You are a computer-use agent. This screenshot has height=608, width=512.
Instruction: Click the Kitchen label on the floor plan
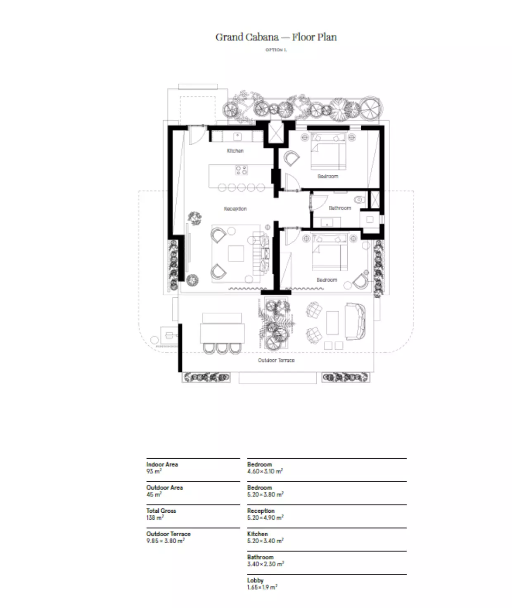point(235,151)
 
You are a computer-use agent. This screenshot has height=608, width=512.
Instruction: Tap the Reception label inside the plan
point(235,209)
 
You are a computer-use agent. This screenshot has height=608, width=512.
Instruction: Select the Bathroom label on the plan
point(340,208)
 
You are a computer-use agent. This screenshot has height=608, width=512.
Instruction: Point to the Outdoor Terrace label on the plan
point(276,360)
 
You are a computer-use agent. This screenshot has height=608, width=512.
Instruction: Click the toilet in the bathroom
point(360,200)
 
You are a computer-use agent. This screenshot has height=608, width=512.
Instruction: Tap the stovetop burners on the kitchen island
point(241,170)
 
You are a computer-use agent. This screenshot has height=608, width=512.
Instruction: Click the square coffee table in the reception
point(236,253)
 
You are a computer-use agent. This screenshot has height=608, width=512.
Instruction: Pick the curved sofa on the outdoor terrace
point(356,321)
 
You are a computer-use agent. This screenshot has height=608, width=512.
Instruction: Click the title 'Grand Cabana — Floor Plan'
point(276,37)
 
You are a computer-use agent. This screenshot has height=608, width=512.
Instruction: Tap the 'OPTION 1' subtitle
point(276,50)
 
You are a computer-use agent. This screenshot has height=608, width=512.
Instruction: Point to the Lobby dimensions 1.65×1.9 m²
point(262,587)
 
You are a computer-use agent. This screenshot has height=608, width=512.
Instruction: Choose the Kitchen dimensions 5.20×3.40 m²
point(265,540)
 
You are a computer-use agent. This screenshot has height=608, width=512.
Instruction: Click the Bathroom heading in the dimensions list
point(260,557)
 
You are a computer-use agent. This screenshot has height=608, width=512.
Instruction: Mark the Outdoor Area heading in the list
point(164,488)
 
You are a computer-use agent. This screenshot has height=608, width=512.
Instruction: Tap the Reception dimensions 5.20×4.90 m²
point(265,517)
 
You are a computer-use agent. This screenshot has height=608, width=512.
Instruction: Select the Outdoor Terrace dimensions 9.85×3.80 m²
point(165,540)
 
